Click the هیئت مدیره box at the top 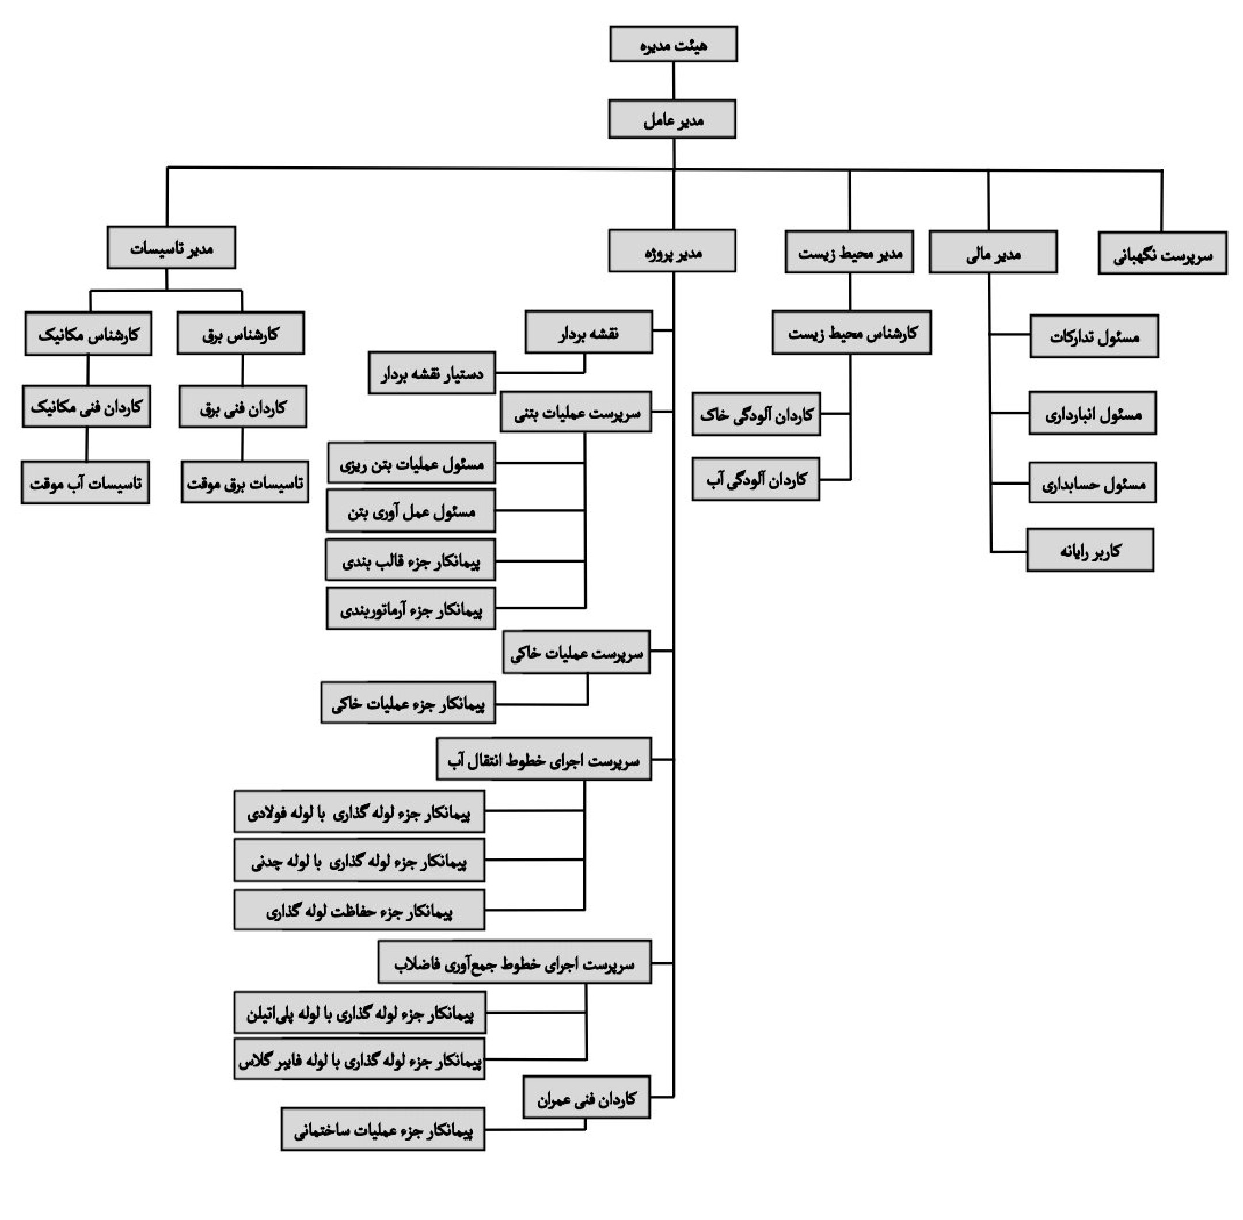tap(673, 44)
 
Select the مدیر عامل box tap(672, 119)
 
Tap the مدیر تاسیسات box tap(171, 248)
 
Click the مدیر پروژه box tap(672, 251)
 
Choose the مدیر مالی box tap(993, 252)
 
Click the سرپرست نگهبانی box tap(1162, 254)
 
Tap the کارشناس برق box tap(240, 333)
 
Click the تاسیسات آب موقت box tap(85, 482)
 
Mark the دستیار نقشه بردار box tap(432, 373)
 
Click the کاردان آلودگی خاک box tap(756, 415)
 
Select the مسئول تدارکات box tap(1094, 336)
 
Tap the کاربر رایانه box tap(1090, 550)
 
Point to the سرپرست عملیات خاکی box tap(576, 652)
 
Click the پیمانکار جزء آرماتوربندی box tap(410, 609)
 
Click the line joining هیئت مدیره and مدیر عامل tap(674, 81)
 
